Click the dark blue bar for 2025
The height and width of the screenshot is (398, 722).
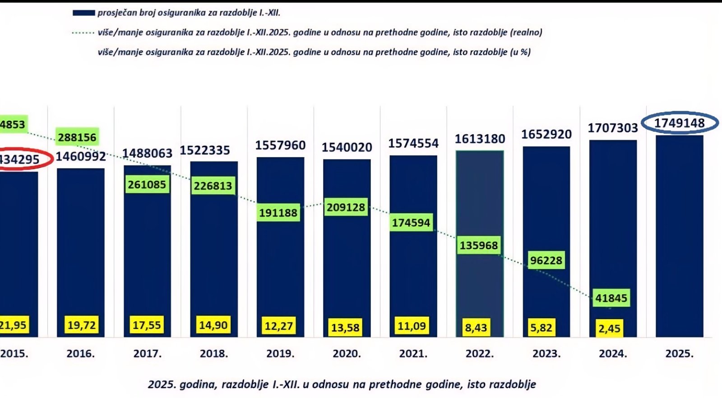click(679, 235)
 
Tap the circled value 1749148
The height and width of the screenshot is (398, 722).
click(679, 123)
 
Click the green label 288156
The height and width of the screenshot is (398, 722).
click(77, 137)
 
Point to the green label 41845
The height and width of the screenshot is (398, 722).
click(611, 298)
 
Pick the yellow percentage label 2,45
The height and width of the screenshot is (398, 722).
click(609, 328)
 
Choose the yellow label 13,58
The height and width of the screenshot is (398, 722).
click(345, 327)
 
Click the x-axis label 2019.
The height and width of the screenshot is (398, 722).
click(280, 354)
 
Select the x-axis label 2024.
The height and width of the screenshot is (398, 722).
click(613, 354)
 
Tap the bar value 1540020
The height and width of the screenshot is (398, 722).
click(347, 147)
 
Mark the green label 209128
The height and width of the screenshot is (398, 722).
click(346, 207)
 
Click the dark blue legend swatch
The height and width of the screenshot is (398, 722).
click(83, 13)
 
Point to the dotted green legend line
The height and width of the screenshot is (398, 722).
click(83, 33)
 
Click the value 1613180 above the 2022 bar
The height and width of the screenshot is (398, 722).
click(480, 139)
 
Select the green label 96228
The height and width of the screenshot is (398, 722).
click(546, 261)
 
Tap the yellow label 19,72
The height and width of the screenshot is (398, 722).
click(81, 325)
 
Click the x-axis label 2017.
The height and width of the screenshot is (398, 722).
click(147, 354)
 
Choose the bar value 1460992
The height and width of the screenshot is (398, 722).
click(81, 157)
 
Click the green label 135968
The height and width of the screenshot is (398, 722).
click(479, 245)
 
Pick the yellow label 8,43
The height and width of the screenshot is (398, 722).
click(476, 328)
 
